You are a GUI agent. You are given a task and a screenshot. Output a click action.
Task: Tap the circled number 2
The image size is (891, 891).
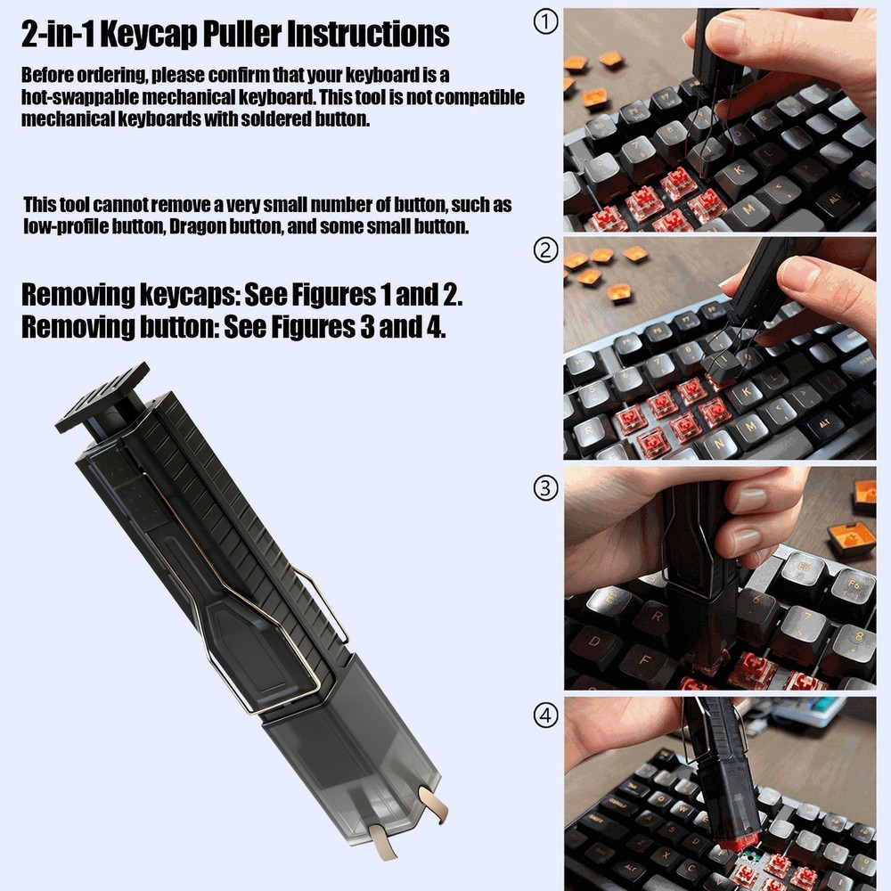click(545, 251)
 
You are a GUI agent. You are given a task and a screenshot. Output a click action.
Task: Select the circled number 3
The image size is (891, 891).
click(545, 487)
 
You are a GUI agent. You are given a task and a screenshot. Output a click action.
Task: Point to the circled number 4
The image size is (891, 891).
click(545, 715)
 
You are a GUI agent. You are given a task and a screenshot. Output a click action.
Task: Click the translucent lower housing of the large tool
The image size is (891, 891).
click(356, 731)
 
